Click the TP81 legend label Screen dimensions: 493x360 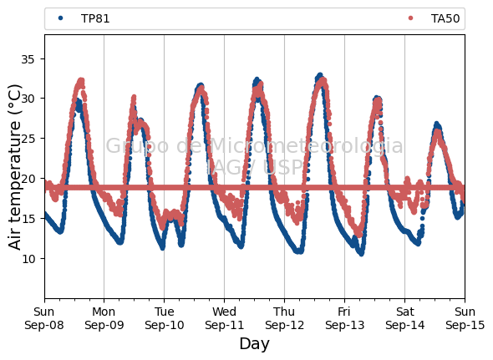(95, 19)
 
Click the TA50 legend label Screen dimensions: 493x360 (445, 19)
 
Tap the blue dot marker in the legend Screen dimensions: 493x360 (61, 18)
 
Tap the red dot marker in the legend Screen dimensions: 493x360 (410, 18)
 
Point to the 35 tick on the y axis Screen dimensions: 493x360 (28, 59)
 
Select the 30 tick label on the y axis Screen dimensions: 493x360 (28, 99)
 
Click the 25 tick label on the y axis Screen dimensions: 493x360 (28, 139)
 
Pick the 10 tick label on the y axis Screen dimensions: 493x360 (28, 259)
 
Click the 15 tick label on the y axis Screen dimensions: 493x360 (28, 219)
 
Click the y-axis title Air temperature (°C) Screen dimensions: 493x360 (14, 167)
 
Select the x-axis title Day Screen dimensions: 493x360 (254, 343)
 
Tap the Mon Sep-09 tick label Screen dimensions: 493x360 (104, 318)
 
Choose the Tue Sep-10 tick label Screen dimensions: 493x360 (164, 318)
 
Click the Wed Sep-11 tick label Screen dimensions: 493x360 (224, 318)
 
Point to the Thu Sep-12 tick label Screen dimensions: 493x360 (284, 318)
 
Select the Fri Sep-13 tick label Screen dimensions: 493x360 (344, 318)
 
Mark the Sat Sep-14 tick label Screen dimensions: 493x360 (404, 318)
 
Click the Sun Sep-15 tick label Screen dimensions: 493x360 (465, 318)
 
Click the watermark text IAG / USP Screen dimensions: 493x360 (254, 167)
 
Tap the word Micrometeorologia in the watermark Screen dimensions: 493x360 (306, 146)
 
